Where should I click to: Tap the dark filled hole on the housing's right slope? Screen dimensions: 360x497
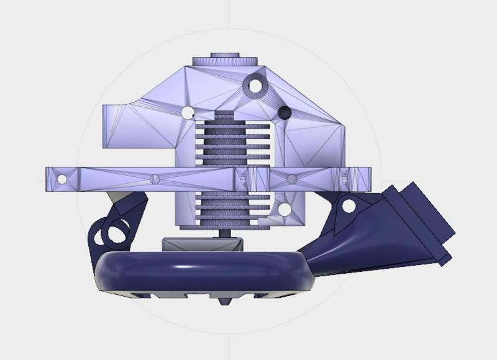pyautogui.click(x=285, y=112)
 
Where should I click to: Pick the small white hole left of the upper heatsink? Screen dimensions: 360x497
pyautogui.click(x=187, y=112)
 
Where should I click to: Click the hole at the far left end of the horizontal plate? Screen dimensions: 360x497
pyautogui.click(x=62, y=179)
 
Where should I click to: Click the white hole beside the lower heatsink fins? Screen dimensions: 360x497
pyautogui.click(x=284, y=209)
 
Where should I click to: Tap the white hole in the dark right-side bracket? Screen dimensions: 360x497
pyautogui.click(x=349, y=205)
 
